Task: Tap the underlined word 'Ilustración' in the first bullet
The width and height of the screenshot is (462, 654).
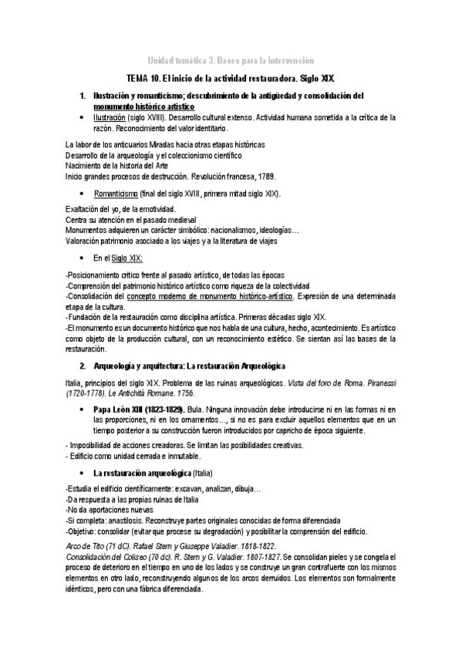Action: [109, 117]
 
